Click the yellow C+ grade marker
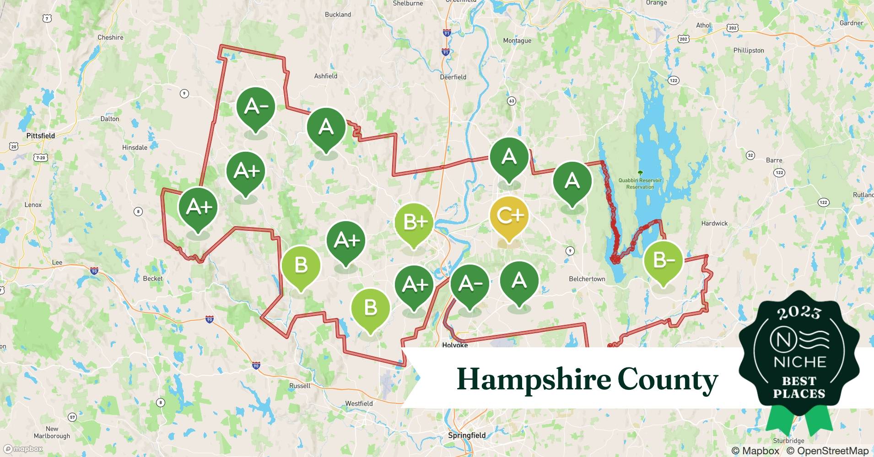click(509, 216)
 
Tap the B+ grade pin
click(414, 222)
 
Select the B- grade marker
click(663, 260)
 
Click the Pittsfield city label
click(40, 136)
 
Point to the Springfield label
click(466, 435)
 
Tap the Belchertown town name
click(587, 279)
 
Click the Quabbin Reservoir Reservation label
click(640, 183)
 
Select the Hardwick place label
click(714, 223)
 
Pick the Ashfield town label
click(325, 76)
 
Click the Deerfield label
click(453, 77)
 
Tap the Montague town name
click(517, 41)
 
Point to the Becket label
click(152, 278)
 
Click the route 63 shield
click(512, 101)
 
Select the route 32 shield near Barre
click(750, 155)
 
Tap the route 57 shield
click(72, 417)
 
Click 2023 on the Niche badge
click(799, 312)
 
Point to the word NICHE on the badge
click(799, 362)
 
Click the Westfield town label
click(359, 404)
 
